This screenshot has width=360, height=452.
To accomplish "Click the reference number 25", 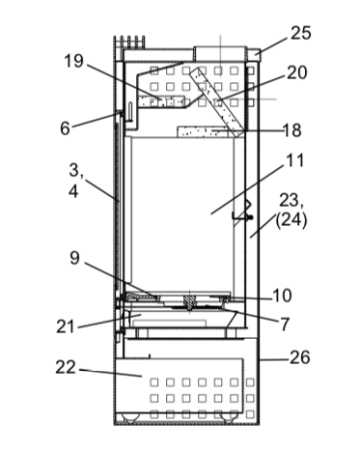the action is [x=301, y=33].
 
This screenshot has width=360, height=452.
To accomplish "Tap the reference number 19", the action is [x=73, y=61].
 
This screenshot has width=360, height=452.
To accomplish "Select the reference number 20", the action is [x=296, y=72].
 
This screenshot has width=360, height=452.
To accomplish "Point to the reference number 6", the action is [x=65, y=128].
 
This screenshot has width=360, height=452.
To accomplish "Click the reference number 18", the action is [x=291, y=130].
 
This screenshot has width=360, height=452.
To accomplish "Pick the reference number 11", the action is [x=294, y=160].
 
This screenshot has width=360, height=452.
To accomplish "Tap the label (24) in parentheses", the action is [x=291, y=221].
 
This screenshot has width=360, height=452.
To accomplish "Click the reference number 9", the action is [x=74, y=258].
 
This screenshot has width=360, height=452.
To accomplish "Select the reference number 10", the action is [x=282, y=296].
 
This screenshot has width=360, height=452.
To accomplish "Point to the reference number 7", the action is [x=285, y=324].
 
